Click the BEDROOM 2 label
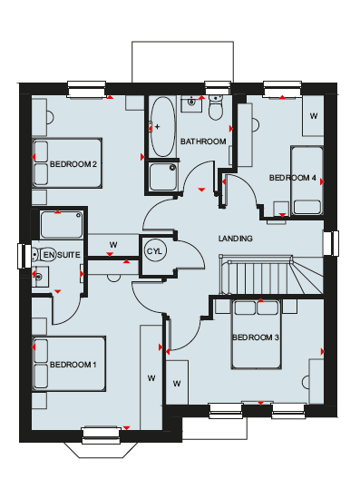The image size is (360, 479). (73, 164)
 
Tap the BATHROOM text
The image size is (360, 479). (203, 142)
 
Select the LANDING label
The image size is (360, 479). (236, 239)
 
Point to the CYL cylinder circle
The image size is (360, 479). (155, 251)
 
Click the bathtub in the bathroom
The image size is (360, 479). (163, 126)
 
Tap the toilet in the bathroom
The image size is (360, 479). (216, 107)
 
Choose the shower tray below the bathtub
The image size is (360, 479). (163, 177)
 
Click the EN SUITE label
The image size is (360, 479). (62, 255)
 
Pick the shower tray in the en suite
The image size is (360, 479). (62, 225)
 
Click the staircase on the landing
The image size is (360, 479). (271, 275)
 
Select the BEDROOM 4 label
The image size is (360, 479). (293, 178)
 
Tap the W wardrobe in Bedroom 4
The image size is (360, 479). (313, 116)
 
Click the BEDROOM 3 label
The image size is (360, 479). (256, 337)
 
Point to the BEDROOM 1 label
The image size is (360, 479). (73, 365)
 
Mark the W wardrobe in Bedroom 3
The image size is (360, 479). (177, 383)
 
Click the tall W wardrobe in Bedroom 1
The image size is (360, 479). (151, 377)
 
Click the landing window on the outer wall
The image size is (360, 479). (331, 243)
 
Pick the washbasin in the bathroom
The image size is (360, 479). (191, 103)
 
